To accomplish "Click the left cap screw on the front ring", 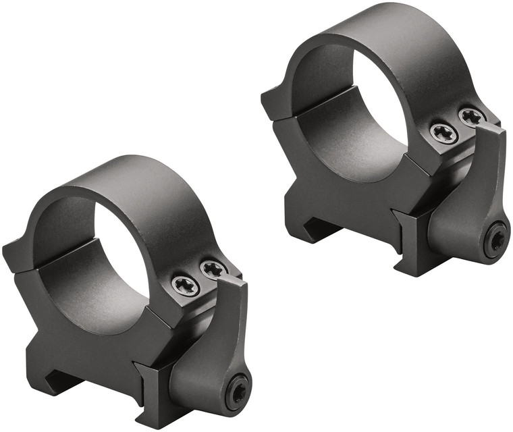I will click(x=185, y=286).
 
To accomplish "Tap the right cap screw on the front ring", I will click(x=213, y=269).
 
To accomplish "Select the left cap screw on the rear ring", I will click(x=444, y=132).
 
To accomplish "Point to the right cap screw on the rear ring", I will click(x=472, y=116).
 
